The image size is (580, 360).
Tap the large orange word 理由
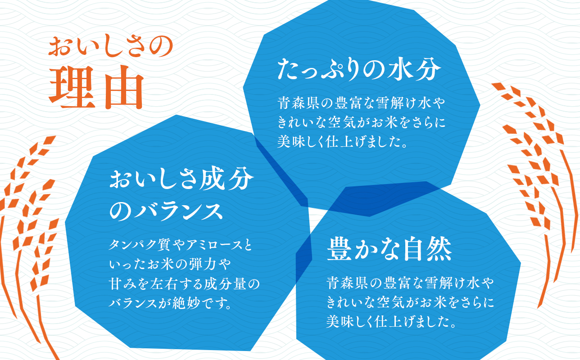pos(96,88)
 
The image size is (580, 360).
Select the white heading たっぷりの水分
pos(358,70)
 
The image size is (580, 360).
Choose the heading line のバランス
pos(166,211)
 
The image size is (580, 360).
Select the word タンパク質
pos(138,246)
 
